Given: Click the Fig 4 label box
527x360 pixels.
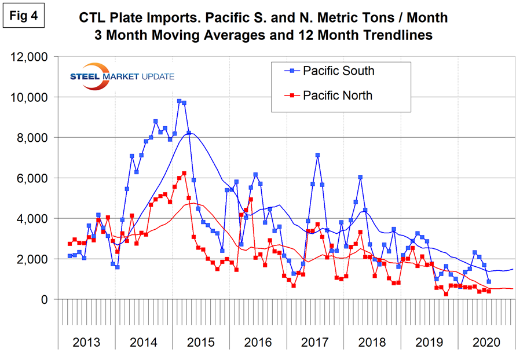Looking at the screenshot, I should (x=23, y=16).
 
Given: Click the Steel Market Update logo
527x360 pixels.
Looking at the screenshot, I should (x=122, y=75).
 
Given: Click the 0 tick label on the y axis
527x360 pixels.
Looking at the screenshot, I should (x=44, y=299).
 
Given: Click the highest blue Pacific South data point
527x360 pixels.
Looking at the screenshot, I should (x=179, y=101).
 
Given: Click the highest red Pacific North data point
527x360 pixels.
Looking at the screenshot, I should (x=184, y=173).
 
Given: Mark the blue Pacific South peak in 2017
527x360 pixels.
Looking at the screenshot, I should (x=317, y=155).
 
